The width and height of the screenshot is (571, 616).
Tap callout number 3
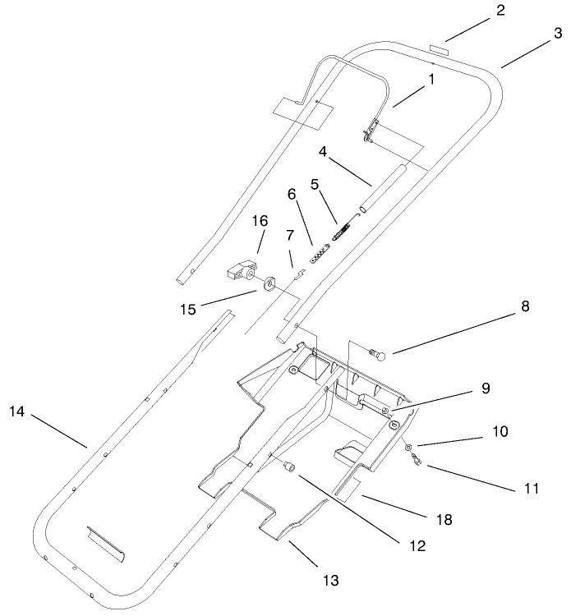(558, 34)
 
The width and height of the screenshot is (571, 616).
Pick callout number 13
(331, 580)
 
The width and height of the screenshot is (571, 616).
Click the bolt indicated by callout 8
(380, 356)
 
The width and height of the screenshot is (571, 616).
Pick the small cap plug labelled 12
(289, 467)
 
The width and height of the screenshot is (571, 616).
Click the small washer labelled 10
(408, 446)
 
